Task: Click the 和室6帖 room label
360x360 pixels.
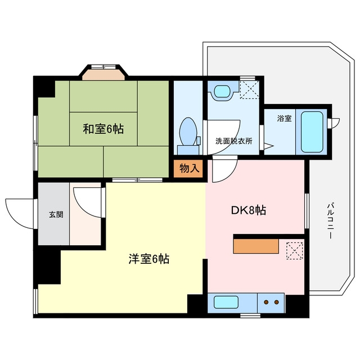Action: pos(103,129)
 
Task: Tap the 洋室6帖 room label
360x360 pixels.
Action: pos(148,259)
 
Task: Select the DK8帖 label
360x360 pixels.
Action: pos(249,210)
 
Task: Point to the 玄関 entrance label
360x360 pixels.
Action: pos(56,214)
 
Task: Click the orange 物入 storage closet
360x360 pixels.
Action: pos(188,169)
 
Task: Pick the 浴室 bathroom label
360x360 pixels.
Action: pos(284,119)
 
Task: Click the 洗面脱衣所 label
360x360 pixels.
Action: pos(234,141)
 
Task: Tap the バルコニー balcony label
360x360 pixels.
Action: pos(330,220)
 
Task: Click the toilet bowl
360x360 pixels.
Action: pos(188,132)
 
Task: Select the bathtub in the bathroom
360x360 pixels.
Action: pos(312,132)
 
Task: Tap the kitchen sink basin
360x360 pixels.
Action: pos(226,302)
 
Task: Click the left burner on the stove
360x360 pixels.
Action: pos(266,302)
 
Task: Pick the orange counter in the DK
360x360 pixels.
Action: pos(256,246)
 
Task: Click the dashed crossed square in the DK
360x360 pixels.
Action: pos(295,251)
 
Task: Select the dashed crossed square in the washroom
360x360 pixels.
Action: pos(249,89)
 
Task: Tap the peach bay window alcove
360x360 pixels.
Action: pos(103,75)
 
